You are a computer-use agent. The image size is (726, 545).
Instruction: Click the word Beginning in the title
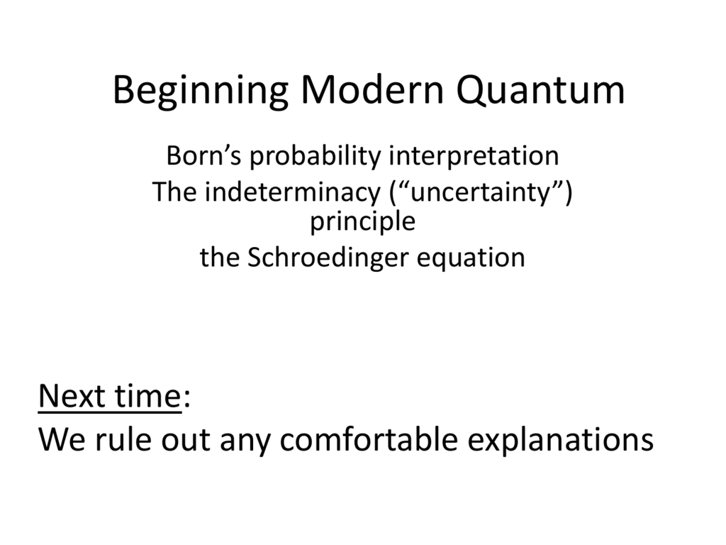pyautogui.click(x=201, y=92)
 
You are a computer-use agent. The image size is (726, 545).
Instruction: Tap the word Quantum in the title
pyautogui.click(x=540, y=90)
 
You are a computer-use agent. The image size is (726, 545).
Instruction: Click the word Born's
pyautogui.click(x=203, y=155)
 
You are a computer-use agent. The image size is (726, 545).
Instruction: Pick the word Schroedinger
pyautogui.click(x=328, y=258)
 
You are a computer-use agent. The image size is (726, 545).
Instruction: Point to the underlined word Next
pyautogui.click(x=72, y=397)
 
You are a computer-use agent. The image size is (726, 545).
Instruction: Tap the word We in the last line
pyautogui.click(x=62, y=439)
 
